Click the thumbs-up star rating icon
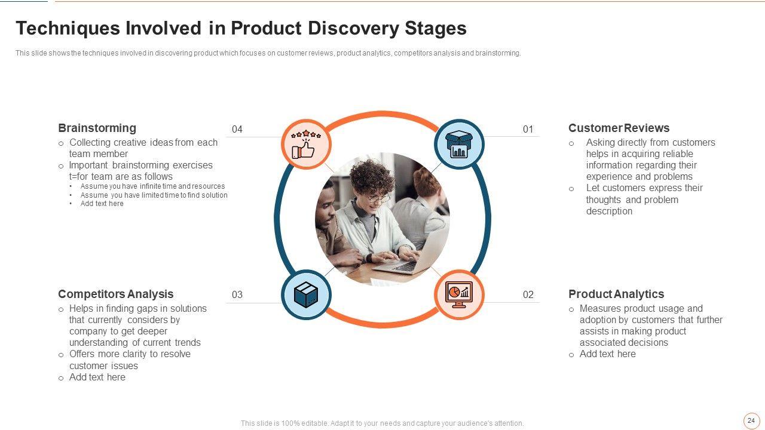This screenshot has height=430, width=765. (x=306, y=144)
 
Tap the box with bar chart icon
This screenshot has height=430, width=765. (x=459, y=144)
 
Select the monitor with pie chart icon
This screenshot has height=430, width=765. (x=459, y=294)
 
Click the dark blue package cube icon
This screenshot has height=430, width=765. (x=306, y=295)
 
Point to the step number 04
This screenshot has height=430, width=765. (x=237, y=130)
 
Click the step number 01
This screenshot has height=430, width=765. (x=528, y=130)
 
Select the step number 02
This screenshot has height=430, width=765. (x=528, y=294)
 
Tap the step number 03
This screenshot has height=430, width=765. (x=237, y=294)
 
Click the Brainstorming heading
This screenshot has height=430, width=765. (x=97, y=128)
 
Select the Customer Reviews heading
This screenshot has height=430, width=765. (x=619, y=128)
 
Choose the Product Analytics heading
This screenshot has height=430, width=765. (x=616, y=294)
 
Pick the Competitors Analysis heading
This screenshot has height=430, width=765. (x=116, y=294)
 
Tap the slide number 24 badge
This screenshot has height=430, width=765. (x=751, y=421)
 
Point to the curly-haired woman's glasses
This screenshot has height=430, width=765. (x=379, y=198)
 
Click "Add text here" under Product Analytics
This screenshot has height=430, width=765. (x=608, y=354)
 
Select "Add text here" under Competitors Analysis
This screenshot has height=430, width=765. (x=97, y=377)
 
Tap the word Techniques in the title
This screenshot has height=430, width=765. (x=68, y=28)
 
